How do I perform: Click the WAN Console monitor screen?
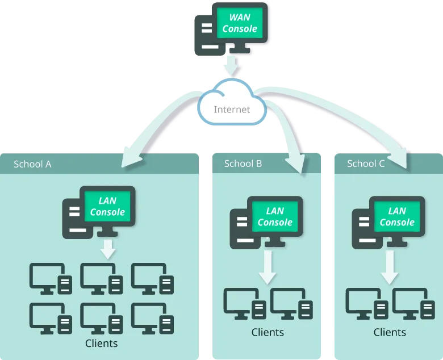pyautogui.click(x=239, y=23)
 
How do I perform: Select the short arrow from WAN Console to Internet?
pyautogui.click(x=232, y=65)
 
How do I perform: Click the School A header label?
pyautogui.click(x=32, y=164)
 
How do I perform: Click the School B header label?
pyautogui.click(x=243, y=164)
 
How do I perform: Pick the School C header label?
pyautogui.click(x=366, y=164)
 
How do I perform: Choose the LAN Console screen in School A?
pyautogui.click(x=107, y=206)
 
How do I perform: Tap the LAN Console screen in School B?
pyautogui.click(x=275, y=216)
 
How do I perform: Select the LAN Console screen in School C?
pyautogui.click(x=397, y=216)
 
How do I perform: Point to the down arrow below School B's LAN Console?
pyautogui.click(x=268, y=267)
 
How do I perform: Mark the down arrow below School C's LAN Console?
pyautogui.click(x=390, y=267)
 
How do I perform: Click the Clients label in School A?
pyautogui.click(x=101, y=343)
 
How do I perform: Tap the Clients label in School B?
pyautogui.click(x=267, y=332)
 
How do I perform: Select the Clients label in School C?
pyautogui.click(x=390, y=332)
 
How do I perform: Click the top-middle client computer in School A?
pyautogui.click(x=102, y=278)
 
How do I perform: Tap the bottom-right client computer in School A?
pyautogui.click(x=153, y=317)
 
